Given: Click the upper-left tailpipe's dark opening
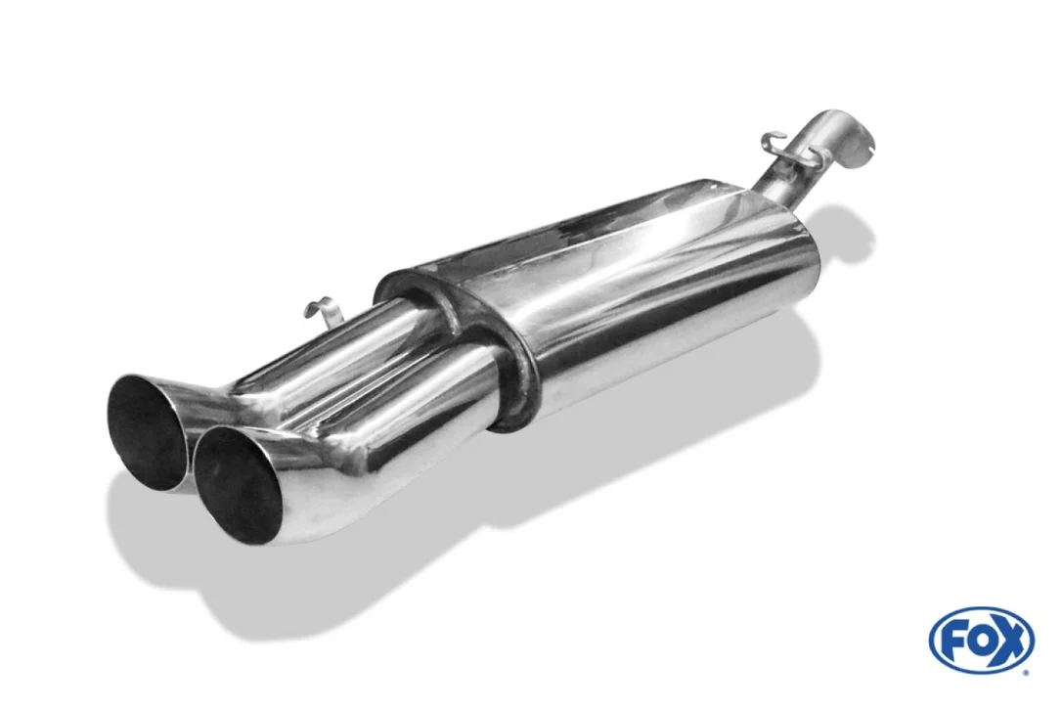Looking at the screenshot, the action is click(x=145, y=431).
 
